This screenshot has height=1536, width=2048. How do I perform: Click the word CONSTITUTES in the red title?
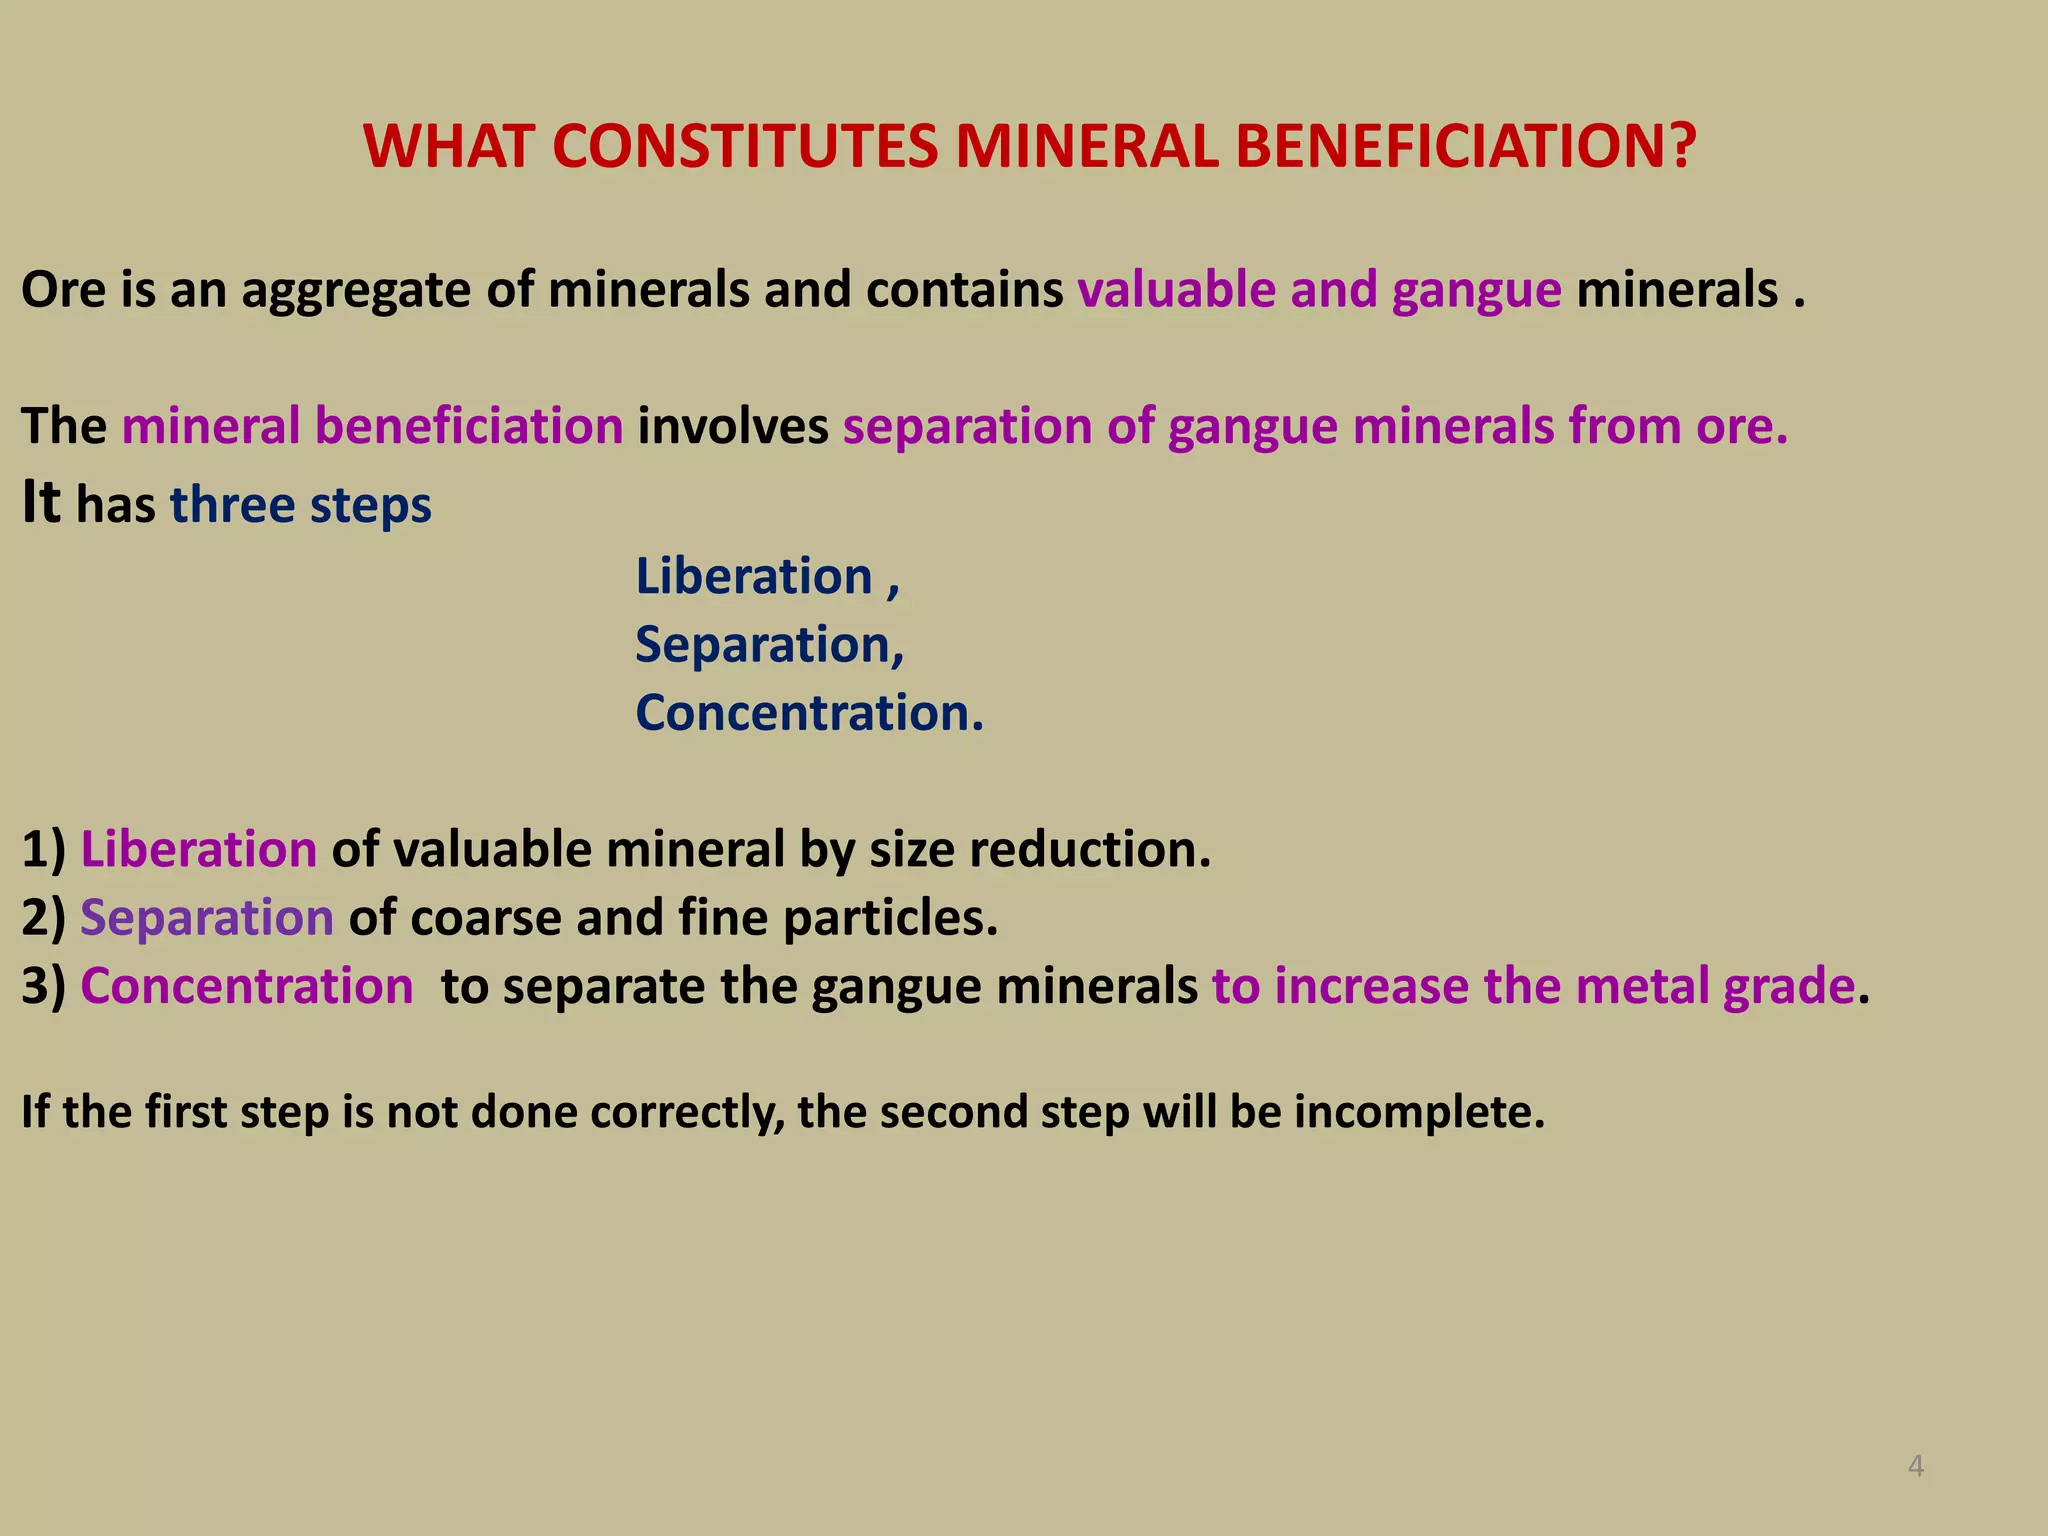[x=744, y=146]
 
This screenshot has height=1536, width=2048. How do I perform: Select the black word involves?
[x=733, y=426]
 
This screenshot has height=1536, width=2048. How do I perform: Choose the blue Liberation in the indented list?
[x=755, y=577]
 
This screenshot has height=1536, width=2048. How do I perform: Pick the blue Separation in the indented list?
[x=763, y=645]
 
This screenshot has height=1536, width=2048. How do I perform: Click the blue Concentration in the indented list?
[x=802, y=713]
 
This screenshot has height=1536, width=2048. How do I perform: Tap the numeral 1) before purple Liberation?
[x=43, y=850]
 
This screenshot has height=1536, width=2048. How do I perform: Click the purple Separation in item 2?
[x=207, y=918]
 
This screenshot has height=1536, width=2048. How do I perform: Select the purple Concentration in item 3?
[x=247, y=986]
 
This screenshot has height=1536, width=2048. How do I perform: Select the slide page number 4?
[x=1915, y=1466]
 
